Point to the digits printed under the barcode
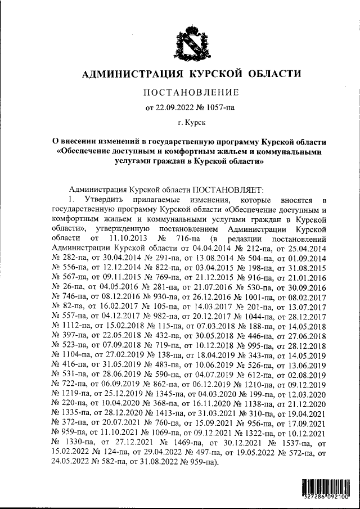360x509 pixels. [326, 498]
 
